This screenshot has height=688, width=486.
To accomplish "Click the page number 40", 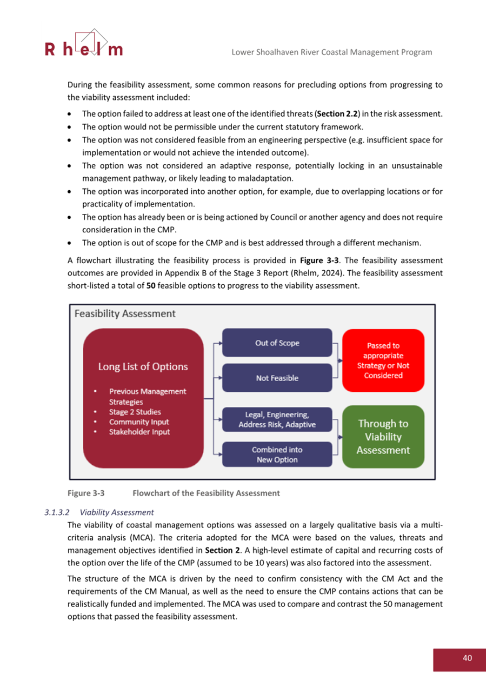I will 467,657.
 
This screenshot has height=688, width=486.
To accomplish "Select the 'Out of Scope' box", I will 277,343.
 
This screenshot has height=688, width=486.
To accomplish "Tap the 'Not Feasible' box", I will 277,378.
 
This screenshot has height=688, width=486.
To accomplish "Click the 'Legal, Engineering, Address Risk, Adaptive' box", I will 277,420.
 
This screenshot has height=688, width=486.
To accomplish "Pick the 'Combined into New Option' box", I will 277,455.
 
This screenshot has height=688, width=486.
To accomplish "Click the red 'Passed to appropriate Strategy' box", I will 383,360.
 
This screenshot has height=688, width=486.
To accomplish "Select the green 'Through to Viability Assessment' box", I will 383,437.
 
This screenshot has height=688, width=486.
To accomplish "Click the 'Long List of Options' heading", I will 143,366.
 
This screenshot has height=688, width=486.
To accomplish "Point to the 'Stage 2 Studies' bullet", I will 135,412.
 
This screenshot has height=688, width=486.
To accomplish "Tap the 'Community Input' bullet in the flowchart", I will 138,422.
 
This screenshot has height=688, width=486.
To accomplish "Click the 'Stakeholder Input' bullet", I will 139,432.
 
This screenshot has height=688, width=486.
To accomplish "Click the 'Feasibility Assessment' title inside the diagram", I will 124,313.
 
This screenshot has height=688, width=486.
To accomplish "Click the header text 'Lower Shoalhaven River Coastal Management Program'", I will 331,52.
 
